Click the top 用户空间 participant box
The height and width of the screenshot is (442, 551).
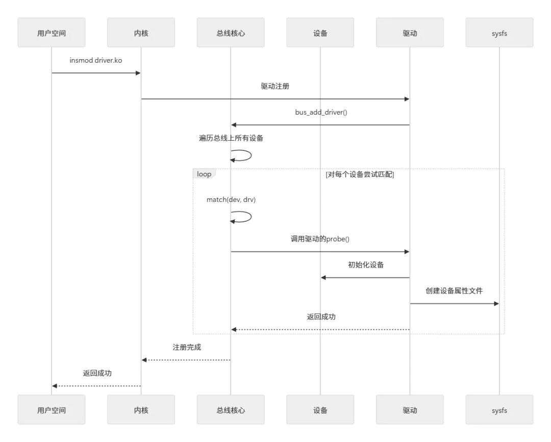52,33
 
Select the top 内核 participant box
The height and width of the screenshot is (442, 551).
141,33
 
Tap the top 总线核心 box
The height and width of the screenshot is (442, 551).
231,33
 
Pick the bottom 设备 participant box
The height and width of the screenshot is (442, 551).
320,410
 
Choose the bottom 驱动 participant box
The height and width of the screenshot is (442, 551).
410,410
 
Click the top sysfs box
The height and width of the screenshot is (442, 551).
499,33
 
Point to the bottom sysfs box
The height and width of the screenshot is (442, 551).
499,410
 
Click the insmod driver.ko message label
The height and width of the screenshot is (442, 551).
96,60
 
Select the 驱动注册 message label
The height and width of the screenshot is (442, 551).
275,86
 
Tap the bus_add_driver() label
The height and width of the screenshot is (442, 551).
320,112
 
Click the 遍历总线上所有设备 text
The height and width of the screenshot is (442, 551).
231,138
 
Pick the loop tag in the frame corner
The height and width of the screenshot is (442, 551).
204,174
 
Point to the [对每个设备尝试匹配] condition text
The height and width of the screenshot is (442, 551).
360,174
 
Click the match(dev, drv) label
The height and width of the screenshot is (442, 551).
231,200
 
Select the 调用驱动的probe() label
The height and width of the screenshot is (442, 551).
320,239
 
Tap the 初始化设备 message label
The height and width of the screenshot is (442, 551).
365,265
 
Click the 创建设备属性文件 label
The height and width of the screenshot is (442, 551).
454,291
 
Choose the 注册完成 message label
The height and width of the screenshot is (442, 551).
187,347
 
